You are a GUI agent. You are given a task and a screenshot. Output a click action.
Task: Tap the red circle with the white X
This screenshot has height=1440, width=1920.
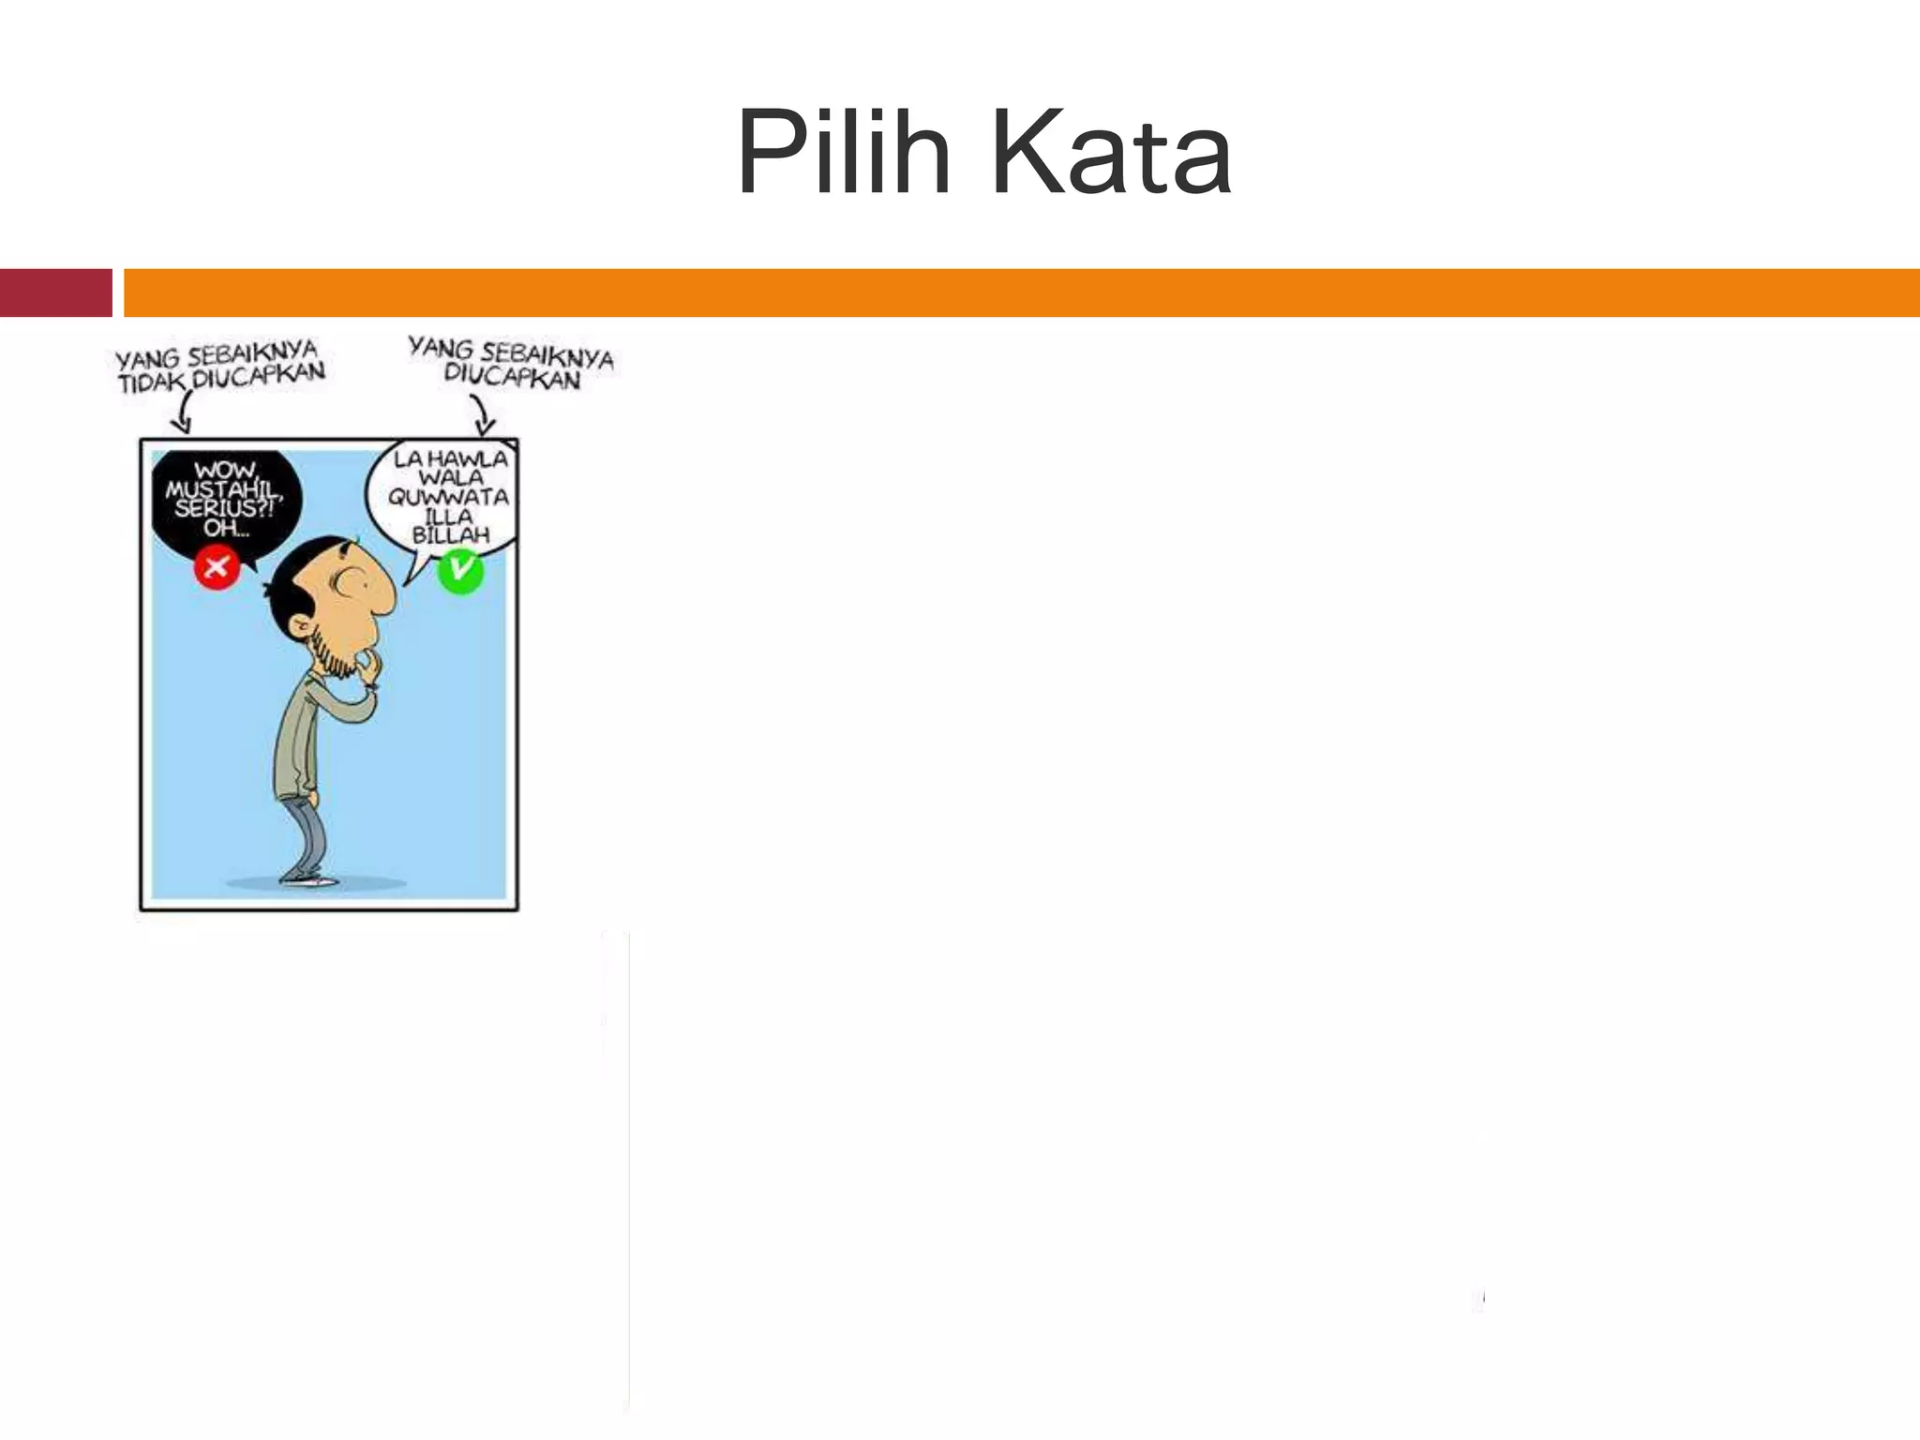click(x=217, y=566)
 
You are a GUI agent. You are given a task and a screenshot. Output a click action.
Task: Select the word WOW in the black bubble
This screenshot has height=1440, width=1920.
click(x=225, y=470)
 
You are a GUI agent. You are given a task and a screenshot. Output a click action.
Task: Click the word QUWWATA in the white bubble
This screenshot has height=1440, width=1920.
click(x=449, y=497)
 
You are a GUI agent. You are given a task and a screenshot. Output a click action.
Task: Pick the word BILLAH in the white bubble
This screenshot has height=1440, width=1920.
click(x=451, y=535)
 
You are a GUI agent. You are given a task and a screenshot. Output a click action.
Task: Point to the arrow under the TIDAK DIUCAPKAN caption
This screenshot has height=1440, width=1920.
click(x=182, y=412)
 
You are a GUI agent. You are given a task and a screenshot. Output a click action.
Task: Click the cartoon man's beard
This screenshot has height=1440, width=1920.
click(x=333, y=652)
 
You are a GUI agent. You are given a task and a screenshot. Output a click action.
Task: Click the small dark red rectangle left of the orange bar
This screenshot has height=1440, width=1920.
click(x=55, y=292)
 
